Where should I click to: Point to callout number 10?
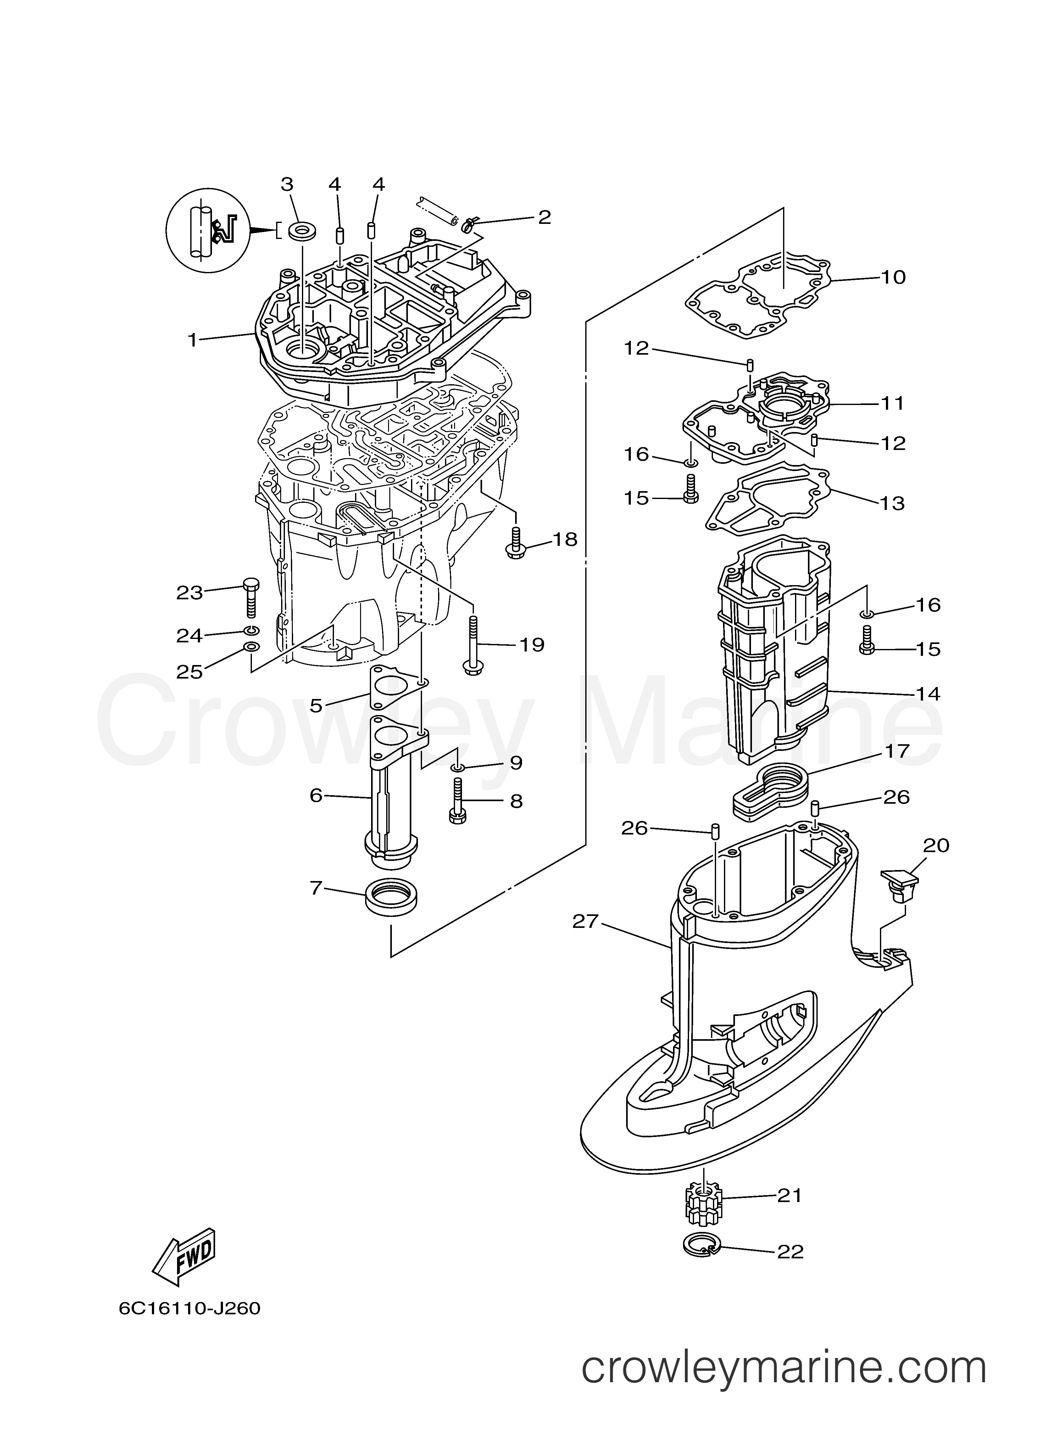point(893,277)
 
